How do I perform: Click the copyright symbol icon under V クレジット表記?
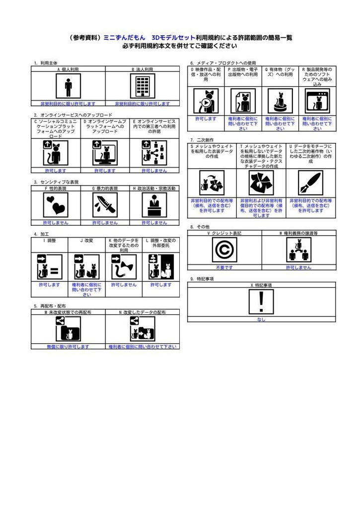pyautogui.click(x=224, y=250)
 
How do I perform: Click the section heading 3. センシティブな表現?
pyautogui.click(x=56, y=182)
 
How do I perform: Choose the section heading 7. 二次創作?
pyautogui.click(x=202, y=140)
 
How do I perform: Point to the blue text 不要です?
pyautogui.click(x=224, y=267)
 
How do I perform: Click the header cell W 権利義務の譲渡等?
pyautogui.click(x=298, y=233)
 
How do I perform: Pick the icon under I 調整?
pyautogui.click(x=50, y=266)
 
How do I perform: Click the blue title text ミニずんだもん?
pyautogui.click(x=125, y=37)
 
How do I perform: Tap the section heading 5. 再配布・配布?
pyautogui.click(x=50, y=306)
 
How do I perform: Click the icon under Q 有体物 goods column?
pyautogui.click(x=280, y=102)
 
